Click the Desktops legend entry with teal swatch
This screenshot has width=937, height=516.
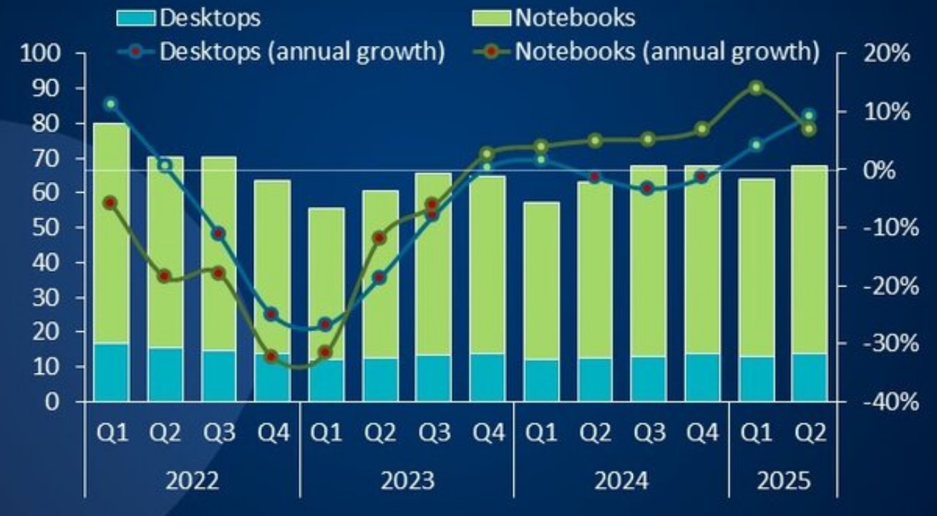pyautogui.click(x=189, y=18)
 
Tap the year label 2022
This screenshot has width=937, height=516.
pyautogui.click(x=193, y=479)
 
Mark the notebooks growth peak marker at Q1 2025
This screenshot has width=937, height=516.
pyautogui.click(x=756, y=88)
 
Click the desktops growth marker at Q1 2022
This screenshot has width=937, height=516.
pyautogui.click(x=110, y=104)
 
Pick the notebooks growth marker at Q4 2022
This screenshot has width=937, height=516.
pyautogui.click(x=271, y=356)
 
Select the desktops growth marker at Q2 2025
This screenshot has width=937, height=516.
pyautogui.click(x=810, y=115)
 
